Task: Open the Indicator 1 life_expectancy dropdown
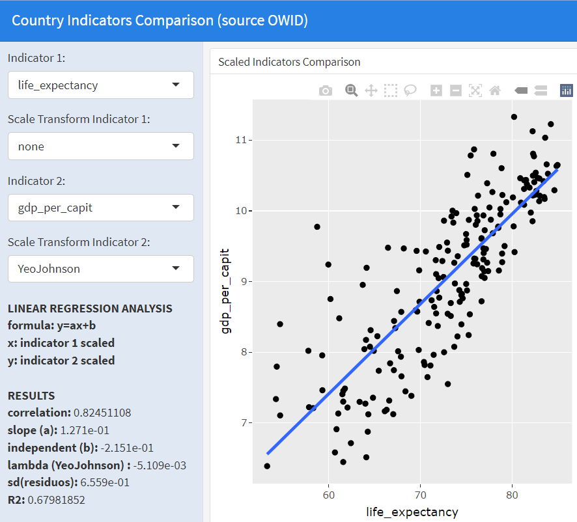coord(100,85)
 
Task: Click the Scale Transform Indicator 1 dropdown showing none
coord(100,146)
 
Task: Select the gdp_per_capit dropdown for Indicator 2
coord(100,208)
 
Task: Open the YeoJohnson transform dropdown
coord(100,269)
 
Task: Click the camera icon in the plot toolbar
coord(326,91)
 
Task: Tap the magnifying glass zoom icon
coord(352,91)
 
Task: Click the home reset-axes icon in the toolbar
coord(495,91)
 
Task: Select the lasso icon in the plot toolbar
coord(410,91)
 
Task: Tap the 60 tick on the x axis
coord(328,495)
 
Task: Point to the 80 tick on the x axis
coord(512,495)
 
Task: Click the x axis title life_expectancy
coord(412,512)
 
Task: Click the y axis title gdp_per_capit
coord(226,291)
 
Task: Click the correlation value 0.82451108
coord(103,413)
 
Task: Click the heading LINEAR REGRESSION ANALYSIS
coord(90,309)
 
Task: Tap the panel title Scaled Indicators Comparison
coord(289,62)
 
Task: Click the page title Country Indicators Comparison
coord(160,20)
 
